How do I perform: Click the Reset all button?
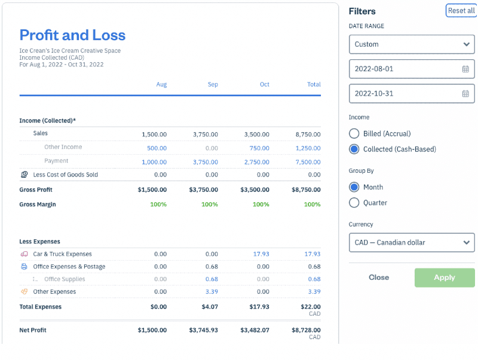tap(461, 11)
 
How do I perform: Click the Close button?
tap(379, 277)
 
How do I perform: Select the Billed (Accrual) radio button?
tap(354, 133)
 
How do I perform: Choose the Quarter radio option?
tap(354, 203)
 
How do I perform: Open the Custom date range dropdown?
tap(412, 44)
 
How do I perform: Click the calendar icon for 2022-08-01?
tap(465, 69)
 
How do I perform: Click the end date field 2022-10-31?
tap(406, 93)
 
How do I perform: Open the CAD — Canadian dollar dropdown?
tap(412, 243)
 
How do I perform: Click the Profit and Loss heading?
tap(72, 35)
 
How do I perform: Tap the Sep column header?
tap(213, 84)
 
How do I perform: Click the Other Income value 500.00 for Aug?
tap(157, 148)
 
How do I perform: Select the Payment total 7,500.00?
tap(308, 162)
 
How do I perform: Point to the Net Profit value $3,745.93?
tap(204, 330)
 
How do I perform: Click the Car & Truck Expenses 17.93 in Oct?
tap(261, 254)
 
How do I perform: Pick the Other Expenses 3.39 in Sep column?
tap(212, 292)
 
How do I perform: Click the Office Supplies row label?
tap(65, 279)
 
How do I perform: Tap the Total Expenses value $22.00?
tap(310, 307)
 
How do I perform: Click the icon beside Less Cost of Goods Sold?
tap(24, 175)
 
